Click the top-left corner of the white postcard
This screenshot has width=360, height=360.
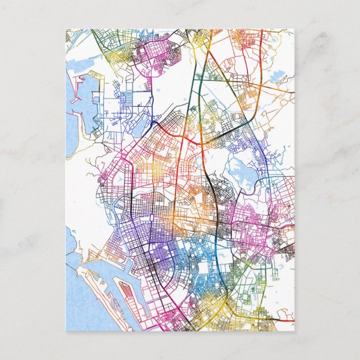click(66, 29)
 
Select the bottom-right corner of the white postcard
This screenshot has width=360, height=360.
click(294, 331)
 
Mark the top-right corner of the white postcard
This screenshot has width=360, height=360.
click(294, 29)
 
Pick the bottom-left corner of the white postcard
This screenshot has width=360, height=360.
click(66, 331)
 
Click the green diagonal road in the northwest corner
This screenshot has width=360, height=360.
click(101, 42)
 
